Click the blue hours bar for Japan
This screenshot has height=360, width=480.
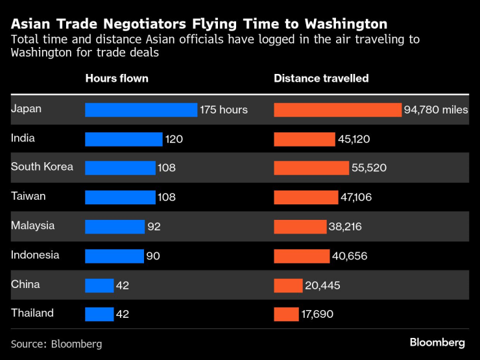click(141, 110)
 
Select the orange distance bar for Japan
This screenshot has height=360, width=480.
click(337, 110)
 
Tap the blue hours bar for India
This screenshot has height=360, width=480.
click(123, 139)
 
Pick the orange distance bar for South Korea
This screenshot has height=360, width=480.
click(311, 168)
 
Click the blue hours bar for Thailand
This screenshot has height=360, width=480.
click(99, 314)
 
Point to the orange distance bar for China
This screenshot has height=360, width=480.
click(288, 285)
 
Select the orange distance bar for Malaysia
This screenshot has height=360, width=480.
click(300, 226)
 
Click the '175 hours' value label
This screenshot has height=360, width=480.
click(224, 110)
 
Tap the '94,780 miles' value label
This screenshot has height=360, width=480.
click(435, 110)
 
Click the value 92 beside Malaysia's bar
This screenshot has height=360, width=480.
click(154, 226)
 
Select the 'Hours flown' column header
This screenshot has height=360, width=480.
click(117, 78)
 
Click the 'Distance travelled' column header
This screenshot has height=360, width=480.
click(321, 78)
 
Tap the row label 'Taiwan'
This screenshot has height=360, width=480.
click(28, 197)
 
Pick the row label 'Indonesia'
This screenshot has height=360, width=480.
click(35, 255)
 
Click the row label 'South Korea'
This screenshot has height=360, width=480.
click(42, 167)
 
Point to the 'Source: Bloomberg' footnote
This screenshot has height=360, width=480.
click(56, 344)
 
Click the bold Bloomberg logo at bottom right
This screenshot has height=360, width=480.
click(437, 342)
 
